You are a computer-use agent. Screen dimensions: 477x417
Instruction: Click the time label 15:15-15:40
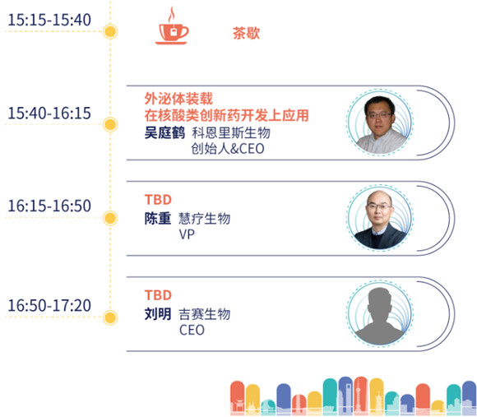(49, 20)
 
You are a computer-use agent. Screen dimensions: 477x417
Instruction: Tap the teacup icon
(172, 26)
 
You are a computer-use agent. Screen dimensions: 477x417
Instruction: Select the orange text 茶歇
(246, 33)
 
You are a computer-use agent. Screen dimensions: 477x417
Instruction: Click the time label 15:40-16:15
(49, 114)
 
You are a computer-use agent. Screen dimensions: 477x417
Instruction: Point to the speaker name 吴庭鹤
(164, 133)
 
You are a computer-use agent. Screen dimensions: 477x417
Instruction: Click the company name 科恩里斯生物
(231, 133)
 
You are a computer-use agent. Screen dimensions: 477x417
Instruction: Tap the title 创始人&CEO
(228, 149)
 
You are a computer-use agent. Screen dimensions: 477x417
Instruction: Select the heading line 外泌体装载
(178, 99)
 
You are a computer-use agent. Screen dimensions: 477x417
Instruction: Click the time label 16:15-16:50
(49, 206)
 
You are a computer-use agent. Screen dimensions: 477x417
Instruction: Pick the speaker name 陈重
(158, 219)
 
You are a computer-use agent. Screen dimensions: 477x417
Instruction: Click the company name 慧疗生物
(205, 219)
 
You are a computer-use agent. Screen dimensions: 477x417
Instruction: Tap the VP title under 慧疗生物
(187, 234)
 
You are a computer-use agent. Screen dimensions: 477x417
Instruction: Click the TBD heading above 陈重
(158, 200)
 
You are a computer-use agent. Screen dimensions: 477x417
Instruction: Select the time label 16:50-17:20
(49, 305)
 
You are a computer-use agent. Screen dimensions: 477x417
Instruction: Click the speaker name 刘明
(158, 314)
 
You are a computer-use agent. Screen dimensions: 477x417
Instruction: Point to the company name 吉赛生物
(205, 314)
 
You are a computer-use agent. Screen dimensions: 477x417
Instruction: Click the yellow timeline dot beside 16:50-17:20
(110, 317)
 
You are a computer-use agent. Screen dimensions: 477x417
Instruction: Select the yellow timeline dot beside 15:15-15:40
(110, 31)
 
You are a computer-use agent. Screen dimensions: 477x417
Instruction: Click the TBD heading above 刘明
(158, 295)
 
